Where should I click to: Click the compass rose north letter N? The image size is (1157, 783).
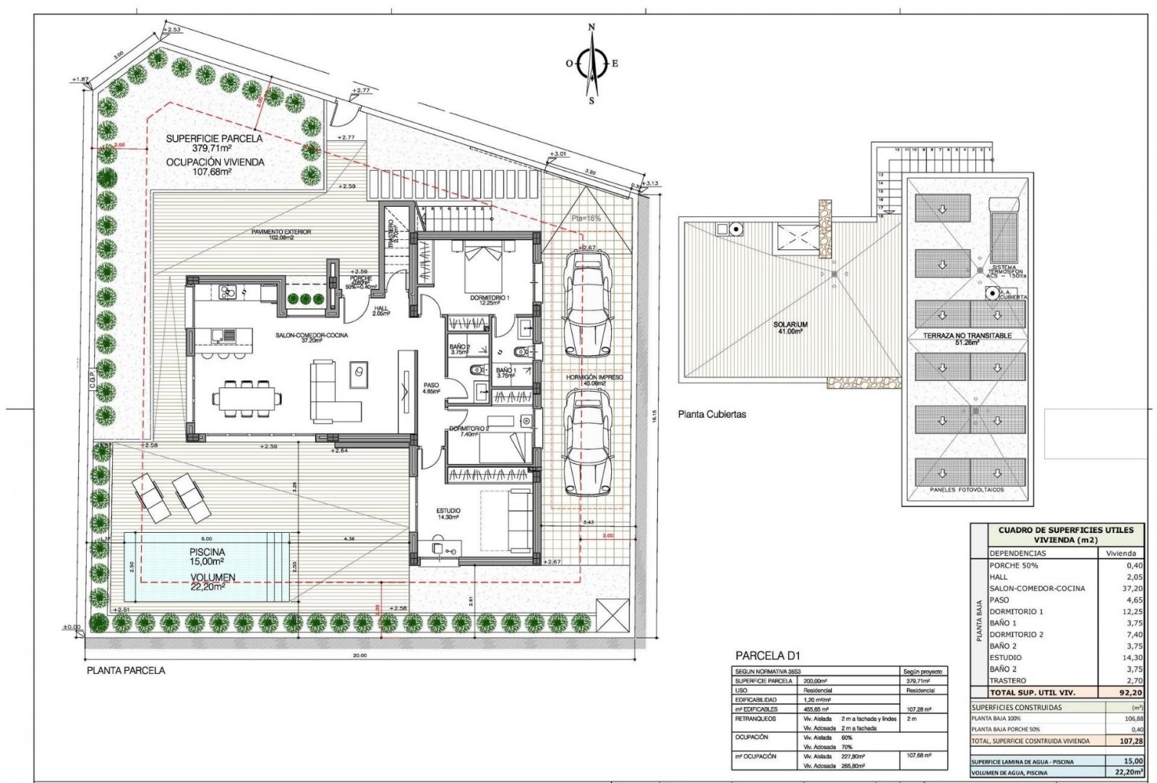click(x=592, y=27)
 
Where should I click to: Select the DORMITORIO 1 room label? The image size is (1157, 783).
click(x=490, y=298)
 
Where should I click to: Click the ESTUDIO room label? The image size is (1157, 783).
click(x=448, y=510)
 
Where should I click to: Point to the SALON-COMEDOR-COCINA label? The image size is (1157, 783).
click(x=312, y=335)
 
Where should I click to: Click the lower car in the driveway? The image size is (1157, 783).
click(x=587, y=442)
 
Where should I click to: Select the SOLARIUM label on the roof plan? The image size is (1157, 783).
click(x=790, y=325)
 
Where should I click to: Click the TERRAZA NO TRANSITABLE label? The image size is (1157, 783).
click(x=967, y=336)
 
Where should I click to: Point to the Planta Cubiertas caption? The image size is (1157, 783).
click(x=712, y=415)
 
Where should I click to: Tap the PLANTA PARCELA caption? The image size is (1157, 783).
click(x=126, y=671)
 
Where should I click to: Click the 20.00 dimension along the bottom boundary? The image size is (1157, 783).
click(x=360, y=656)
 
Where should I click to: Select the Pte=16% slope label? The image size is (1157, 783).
click(x=586, y=218)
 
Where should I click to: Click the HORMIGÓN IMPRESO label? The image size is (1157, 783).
click(x=594, y=377)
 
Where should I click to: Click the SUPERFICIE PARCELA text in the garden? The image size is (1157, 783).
click(x=214, y=139)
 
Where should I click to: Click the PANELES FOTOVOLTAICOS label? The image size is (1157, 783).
click(x=967, y=490)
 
